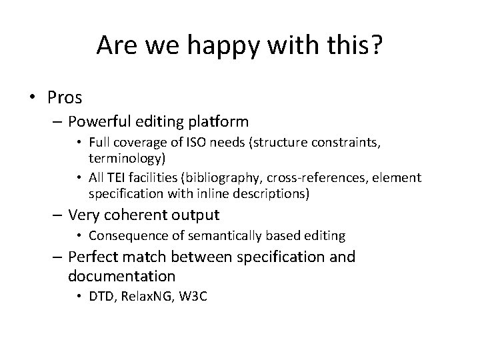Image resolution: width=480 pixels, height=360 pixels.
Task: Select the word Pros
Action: pyautogui.click(x=65, y=97)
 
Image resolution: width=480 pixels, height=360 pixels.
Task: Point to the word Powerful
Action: pyautogui.click(x=101, y=122)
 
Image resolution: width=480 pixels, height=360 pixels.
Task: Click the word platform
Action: pyautogui.click(x=219, y=122)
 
